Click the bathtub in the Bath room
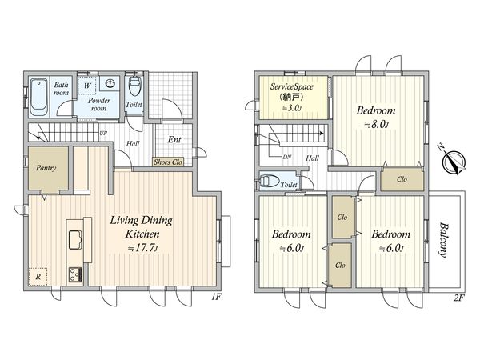pos(39,97)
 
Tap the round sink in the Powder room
pos(110,83)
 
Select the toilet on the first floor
pos(134,86)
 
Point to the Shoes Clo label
pos(168,162)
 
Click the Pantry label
pos(46,168)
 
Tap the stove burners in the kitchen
pos(75,274)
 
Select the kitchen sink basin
pos(75,240)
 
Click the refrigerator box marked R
pos(38,277)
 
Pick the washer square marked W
pos(87,85)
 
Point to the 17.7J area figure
pos(142,248)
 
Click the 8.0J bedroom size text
pos(376,125)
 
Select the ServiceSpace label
pos(292,86)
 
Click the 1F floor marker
pos(216,297)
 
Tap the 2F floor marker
pos(458,298)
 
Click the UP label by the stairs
pos(103,134)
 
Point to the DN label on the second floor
pos(287,157)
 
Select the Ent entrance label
pos(174,139)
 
